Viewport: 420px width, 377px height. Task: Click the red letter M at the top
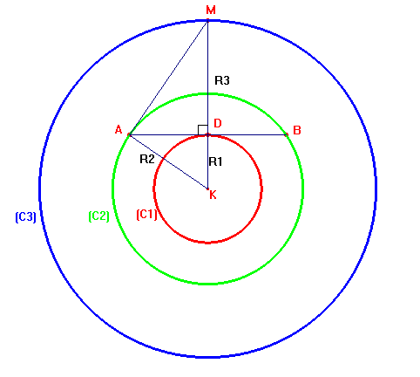211,10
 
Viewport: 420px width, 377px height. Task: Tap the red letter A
119,129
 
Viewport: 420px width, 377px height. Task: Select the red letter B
297,130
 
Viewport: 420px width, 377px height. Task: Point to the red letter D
218,123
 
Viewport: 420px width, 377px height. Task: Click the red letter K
213,195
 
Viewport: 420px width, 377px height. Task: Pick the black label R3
222,80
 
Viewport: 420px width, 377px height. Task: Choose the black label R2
147,159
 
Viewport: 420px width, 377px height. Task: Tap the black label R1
215,161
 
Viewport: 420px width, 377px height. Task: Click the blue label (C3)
25,217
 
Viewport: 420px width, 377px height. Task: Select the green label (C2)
98,216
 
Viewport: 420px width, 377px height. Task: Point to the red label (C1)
146,215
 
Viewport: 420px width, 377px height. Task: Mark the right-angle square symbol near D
203,130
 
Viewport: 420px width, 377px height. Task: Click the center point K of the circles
207,189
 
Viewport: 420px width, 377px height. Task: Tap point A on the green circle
129,134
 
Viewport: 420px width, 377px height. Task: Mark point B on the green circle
287,134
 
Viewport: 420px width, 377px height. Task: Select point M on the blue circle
207,20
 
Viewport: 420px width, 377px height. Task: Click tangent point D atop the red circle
207,134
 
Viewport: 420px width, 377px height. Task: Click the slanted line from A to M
168,78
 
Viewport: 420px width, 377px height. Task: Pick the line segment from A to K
168,161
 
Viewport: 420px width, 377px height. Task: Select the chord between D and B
247,134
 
